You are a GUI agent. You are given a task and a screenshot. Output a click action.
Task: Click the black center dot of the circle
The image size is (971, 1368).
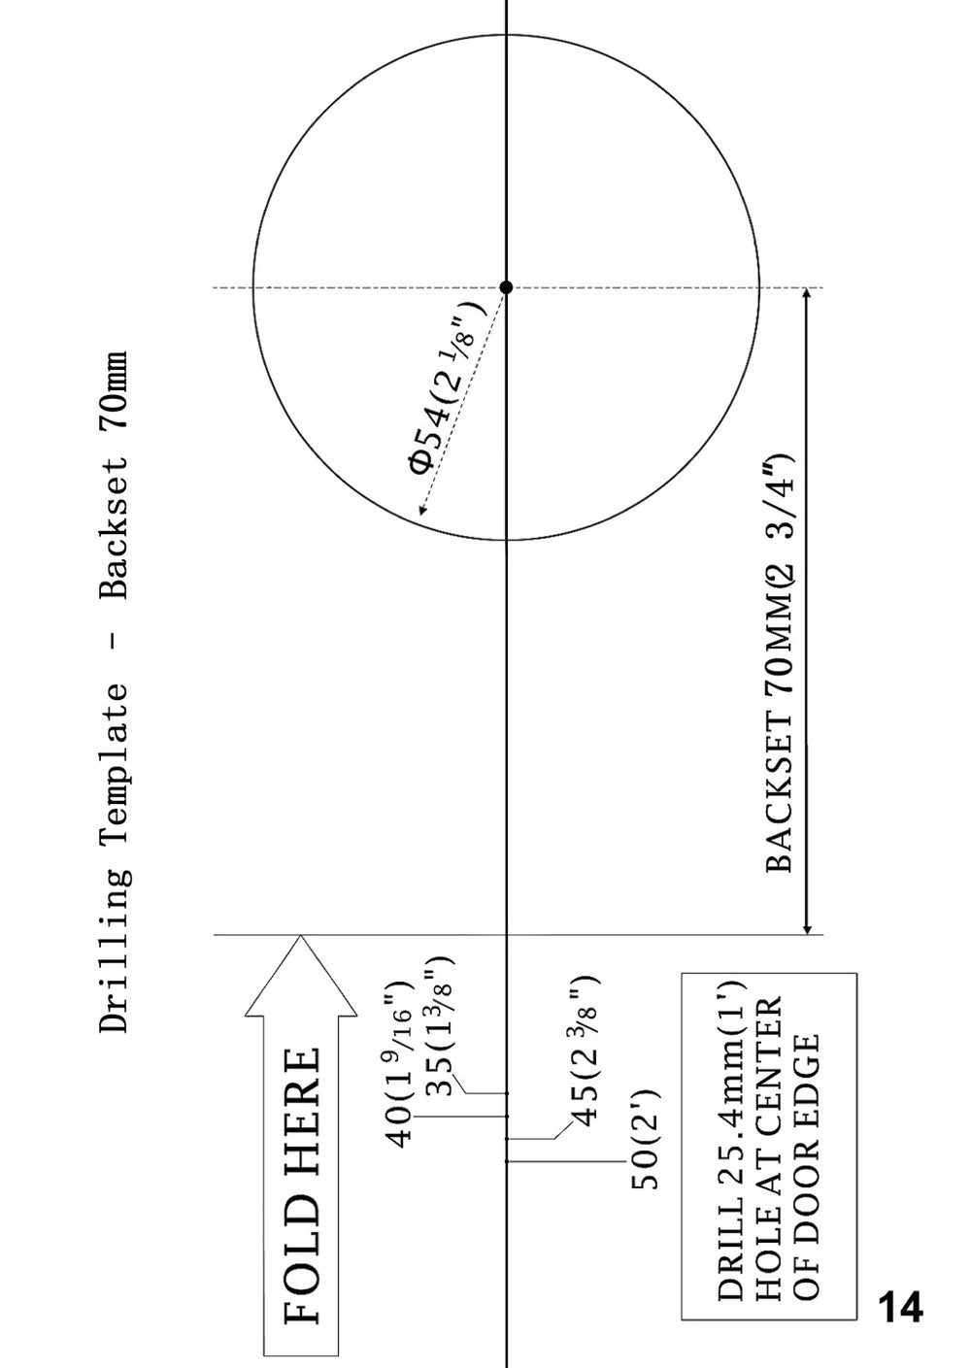[506, 287]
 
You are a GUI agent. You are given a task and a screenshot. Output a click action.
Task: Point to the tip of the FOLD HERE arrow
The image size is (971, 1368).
[300, 935]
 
